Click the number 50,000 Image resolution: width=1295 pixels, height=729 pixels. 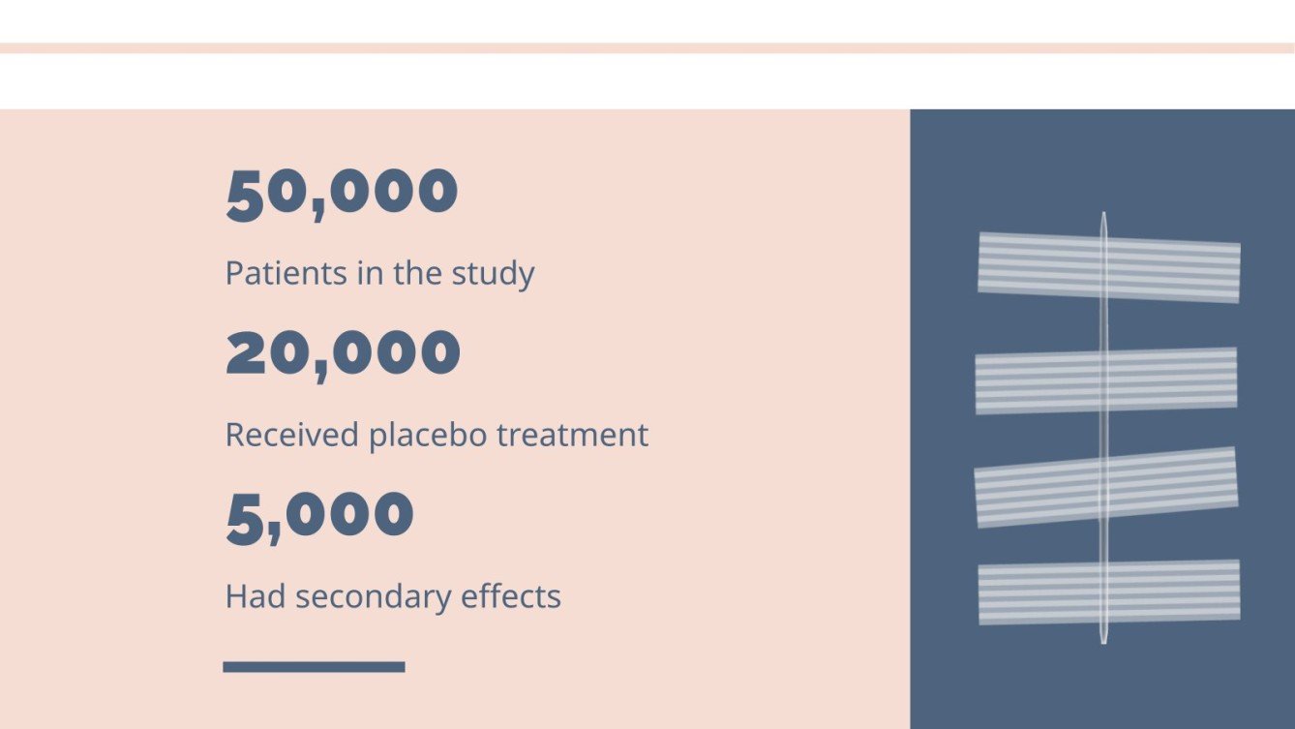[342, 192]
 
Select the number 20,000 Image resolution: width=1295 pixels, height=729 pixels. [343, 352]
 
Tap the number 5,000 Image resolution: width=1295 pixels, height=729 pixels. [319, 514]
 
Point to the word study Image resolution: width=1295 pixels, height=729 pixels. [493, 274]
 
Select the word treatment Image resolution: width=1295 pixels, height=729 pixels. [572, 435]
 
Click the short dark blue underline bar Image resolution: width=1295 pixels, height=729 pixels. [314, 666]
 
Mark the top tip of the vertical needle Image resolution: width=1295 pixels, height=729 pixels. [1103, 215]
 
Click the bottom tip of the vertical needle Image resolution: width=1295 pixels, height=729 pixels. [1103, 640]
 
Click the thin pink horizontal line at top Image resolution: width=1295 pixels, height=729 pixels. [647, 47]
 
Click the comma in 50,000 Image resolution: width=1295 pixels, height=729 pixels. [318, 212]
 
